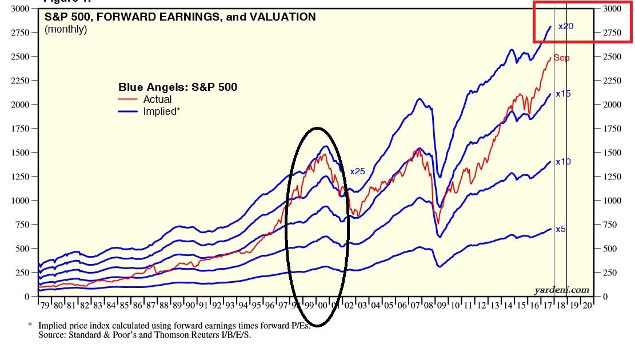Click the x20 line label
pyautogui.click(x=565, y=26)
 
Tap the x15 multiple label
pyautogui.click(x=564, y=94)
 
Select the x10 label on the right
pyautogui.click(x=564, y=162)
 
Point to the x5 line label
pyautogui.click(x=561, y=229)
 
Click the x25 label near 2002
pyautogui.click(x=357, y=171)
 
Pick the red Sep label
pyautogui.click(x=561, y=58)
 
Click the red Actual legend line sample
pyautogui.click(x=129, y=99)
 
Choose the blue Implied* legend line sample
pyautogui.click(x=129, y=111)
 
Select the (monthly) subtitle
pyautogui.click(x=66, y=29)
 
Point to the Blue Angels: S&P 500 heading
pyautogui.click(x=178, y=87)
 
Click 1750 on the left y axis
pyautogui.click(x=18, y=129)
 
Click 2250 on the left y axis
pyautogui.click(x=18, y=81)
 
